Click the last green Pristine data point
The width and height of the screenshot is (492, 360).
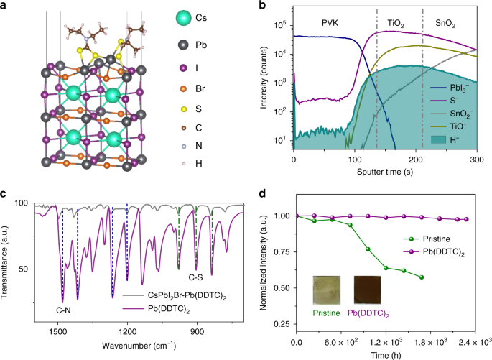pyautogui.click(x=422, y=277)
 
